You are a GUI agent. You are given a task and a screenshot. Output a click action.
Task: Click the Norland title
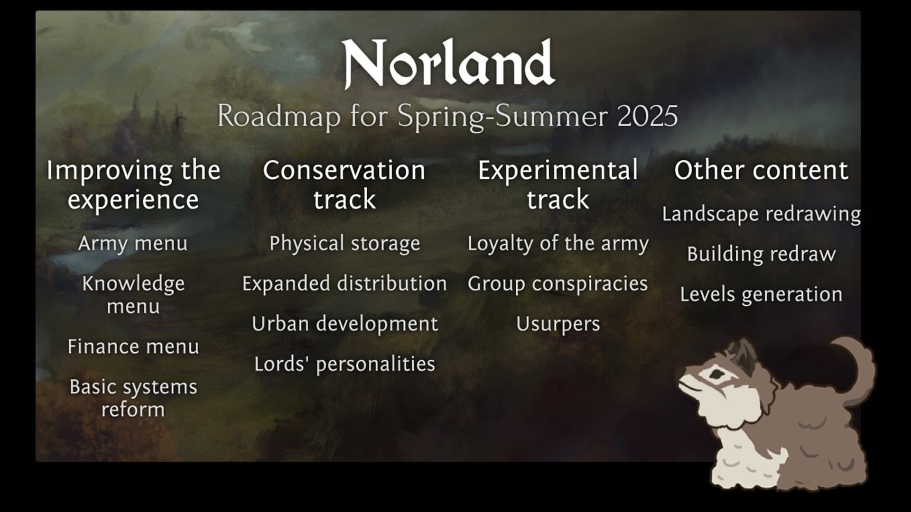tap(448, 64)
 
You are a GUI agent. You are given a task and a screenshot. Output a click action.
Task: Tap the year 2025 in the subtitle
tap(647, 116)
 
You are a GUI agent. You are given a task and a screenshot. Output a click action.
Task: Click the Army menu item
tap(133, 244)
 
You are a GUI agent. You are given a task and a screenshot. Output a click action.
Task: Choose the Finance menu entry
tap(133, 347)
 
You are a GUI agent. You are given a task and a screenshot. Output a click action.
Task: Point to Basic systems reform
tap(133, 398)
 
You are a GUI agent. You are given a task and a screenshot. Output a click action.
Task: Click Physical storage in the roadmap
tap(344, 244)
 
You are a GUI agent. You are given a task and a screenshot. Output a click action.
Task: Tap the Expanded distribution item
tap(344, 283)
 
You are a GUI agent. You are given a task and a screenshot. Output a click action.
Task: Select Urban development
tap(344, 324)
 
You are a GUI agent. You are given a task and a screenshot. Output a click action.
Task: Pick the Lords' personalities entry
tap(344, 364)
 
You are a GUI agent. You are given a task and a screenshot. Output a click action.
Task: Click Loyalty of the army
tap(558, 244)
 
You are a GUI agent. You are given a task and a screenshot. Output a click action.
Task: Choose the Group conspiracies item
tap(558, 284)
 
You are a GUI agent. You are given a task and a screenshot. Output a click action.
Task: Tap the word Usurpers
tap(558, 324)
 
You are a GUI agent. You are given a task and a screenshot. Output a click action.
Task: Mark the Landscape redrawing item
tap(761, 214)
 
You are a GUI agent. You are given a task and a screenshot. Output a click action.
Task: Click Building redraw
tap(761, 255)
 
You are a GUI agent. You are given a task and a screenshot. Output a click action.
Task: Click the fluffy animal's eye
tap(713, 375)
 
